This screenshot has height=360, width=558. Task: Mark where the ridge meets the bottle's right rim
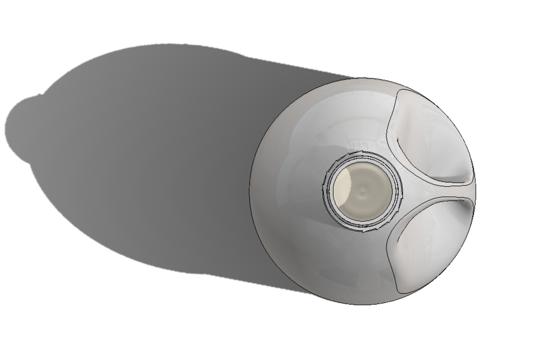(475, 191)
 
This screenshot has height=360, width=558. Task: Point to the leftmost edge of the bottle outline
(250, 191)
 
